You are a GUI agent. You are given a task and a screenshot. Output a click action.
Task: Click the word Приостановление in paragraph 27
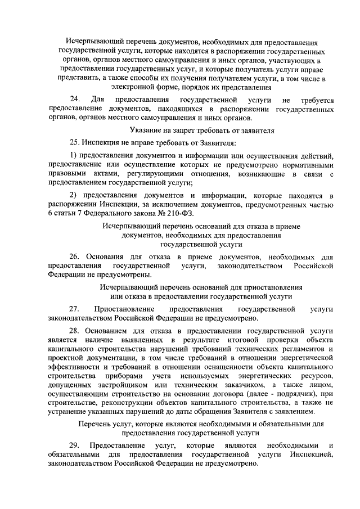pos(125,309)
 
